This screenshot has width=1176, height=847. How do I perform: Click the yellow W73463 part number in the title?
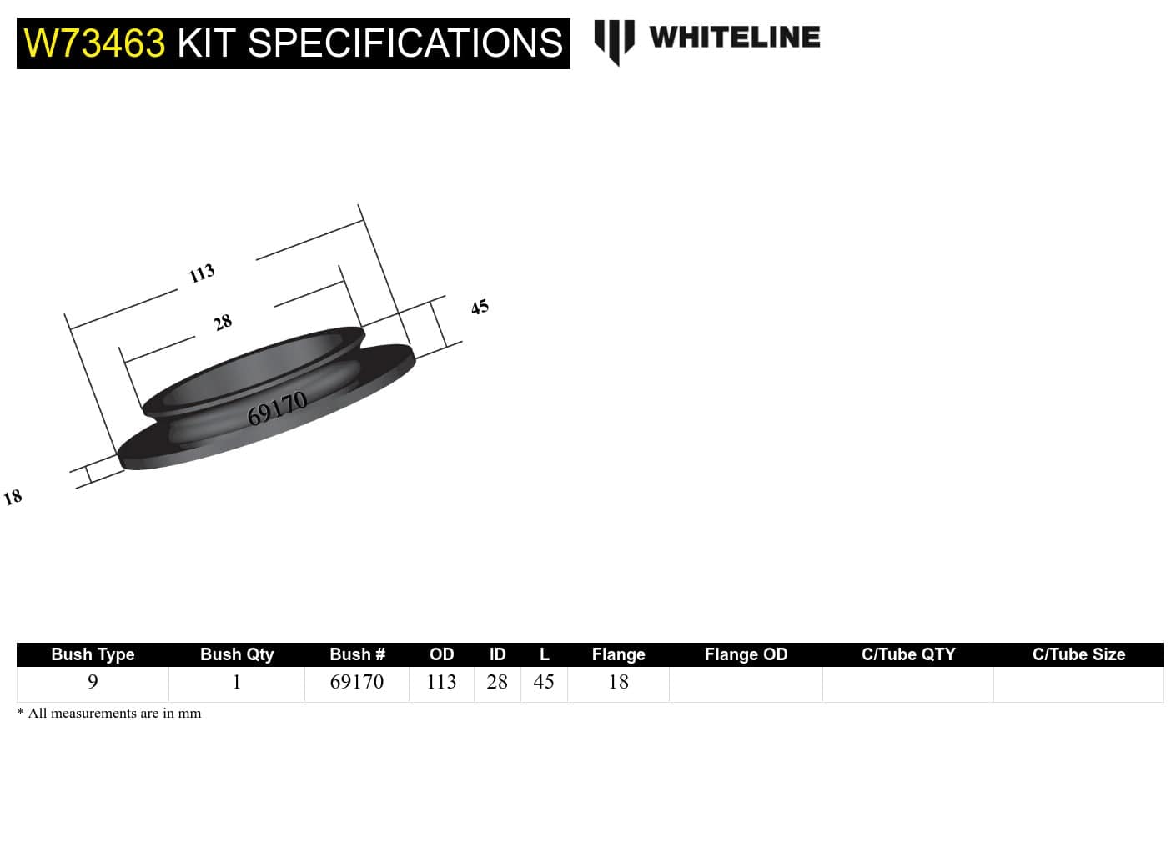click(94, 43)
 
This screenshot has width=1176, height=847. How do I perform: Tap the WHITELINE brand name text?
click(734, 38)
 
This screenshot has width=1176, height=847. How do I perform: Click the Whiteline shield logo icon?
click(614, 41)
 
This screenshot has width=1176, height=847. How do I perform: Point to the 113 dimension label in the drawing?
click(202, 273)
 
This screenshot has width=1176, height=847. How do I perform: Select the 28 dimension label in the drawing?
click(223, 322)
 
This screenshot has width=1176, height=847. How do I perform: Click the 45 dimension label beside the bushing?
click(480, 307)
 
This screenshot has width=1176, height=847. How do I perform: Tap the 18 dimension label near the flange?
click(13, 498)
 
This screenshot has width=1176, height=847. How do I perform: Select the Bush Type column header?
click(93, 654)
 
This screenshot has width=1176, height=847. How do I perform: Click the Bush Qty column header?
click(237, 654)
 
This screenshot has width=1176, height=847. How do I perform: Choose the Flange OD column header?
click(746, 654)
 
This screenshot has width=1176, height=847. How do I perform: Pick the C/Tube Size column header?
click(1078, 654)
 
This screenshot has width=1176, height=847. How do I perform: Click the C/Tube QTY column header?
click(908, 654)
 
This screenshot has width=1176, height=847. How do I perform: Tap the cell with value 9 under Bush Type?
click(93, 682)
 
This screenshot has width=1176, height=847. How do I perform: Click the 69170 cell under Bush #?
click(357, 682)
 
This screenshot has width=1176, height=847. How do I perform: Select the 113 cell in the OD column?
click(441, 682)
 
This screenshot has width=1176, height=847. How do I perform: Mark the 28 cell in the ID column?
click(497, 682)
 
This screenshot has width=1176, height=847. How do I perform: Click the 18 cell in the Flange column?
click(618, 682)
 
